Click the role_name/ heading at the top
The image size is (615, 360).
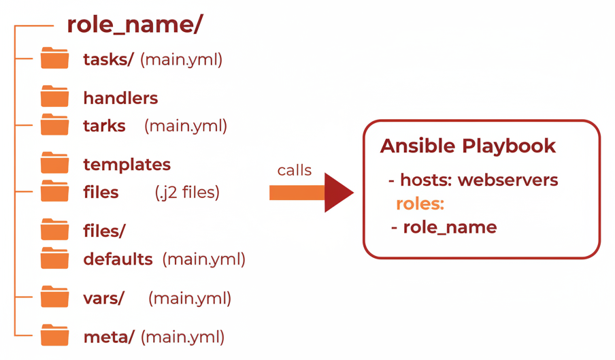(x=134, y=24)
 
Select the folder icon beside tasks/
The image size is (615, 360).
(x=54, y=59)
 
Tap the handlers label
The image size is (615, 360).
(x=120, y=98)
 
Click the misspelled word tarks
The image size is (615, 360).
(x=104, y=126)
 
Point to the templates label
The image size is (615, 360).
(x=127, y=165)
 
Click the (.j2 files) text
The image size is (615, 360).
(x=187, y=193)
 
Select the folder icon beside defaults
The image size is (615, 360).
(x=54, y=259)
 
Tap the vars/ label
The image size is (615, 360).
(x=103, y=298)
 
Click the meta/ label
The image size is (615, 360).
(x=109, y=336)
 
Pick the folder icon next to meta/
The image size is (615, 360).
(x=54, y=336)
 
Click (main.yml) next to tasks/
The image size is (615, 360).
(x=181, y=60)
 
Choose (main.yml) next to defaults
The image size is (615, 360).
(x=203, y=259)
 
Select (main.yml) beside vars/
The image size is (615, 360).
(x=190, y=298)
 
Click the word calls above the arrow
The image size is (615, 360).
(x=294, y=170)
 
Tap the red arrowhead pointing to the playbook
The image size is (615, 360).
(x=338, y=193)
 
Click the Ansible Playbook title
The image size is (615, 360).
(x=467, y=146)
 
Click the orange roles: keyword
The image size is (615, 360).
(x=420, y=203)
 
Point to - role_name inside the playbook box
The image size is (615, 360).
(x=444, y=227)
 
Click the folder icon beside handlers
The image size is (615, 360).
(x=54, y=97)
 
